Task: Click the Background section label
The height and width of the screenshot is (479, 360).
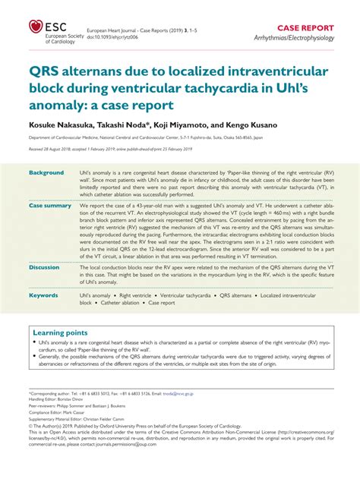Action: pyautogui.click(x=46, y=173)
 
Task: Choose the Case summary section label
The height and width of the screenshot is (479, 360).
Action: pyautogui.click(x=50, y=206)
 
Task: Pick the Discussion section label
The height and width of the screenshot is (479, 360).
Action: pyautogui.click(x=44, y=267)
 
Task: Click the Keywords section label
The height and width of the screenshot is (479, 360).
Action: pyautogui.click(x=44, y=295)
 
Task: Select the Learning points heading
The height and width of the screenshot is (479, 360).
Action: pyautogui.click(x=61, y=332)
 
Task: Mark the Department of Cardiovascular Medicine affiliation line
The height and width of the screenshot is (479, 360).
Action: pyautogui.click(x=153, y=137)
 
